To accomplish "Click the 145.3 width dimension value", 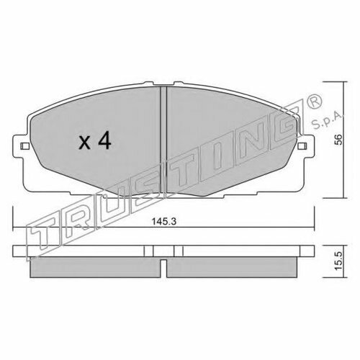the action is tap(164, 221).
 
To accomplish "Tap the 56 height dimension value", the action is tap(338, 140).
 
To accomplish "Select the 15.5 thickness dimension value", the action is tap(338, 261).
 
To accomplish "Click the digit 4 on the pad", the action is tap(104, 141).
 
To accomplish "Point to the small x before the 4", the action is tap(85, 143).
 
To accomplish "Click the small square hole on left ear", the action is tap(24, 145).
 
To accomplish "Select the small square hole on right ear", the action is tap(302, 145).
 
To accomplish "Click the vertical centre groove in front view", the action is tap(163, 140).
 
